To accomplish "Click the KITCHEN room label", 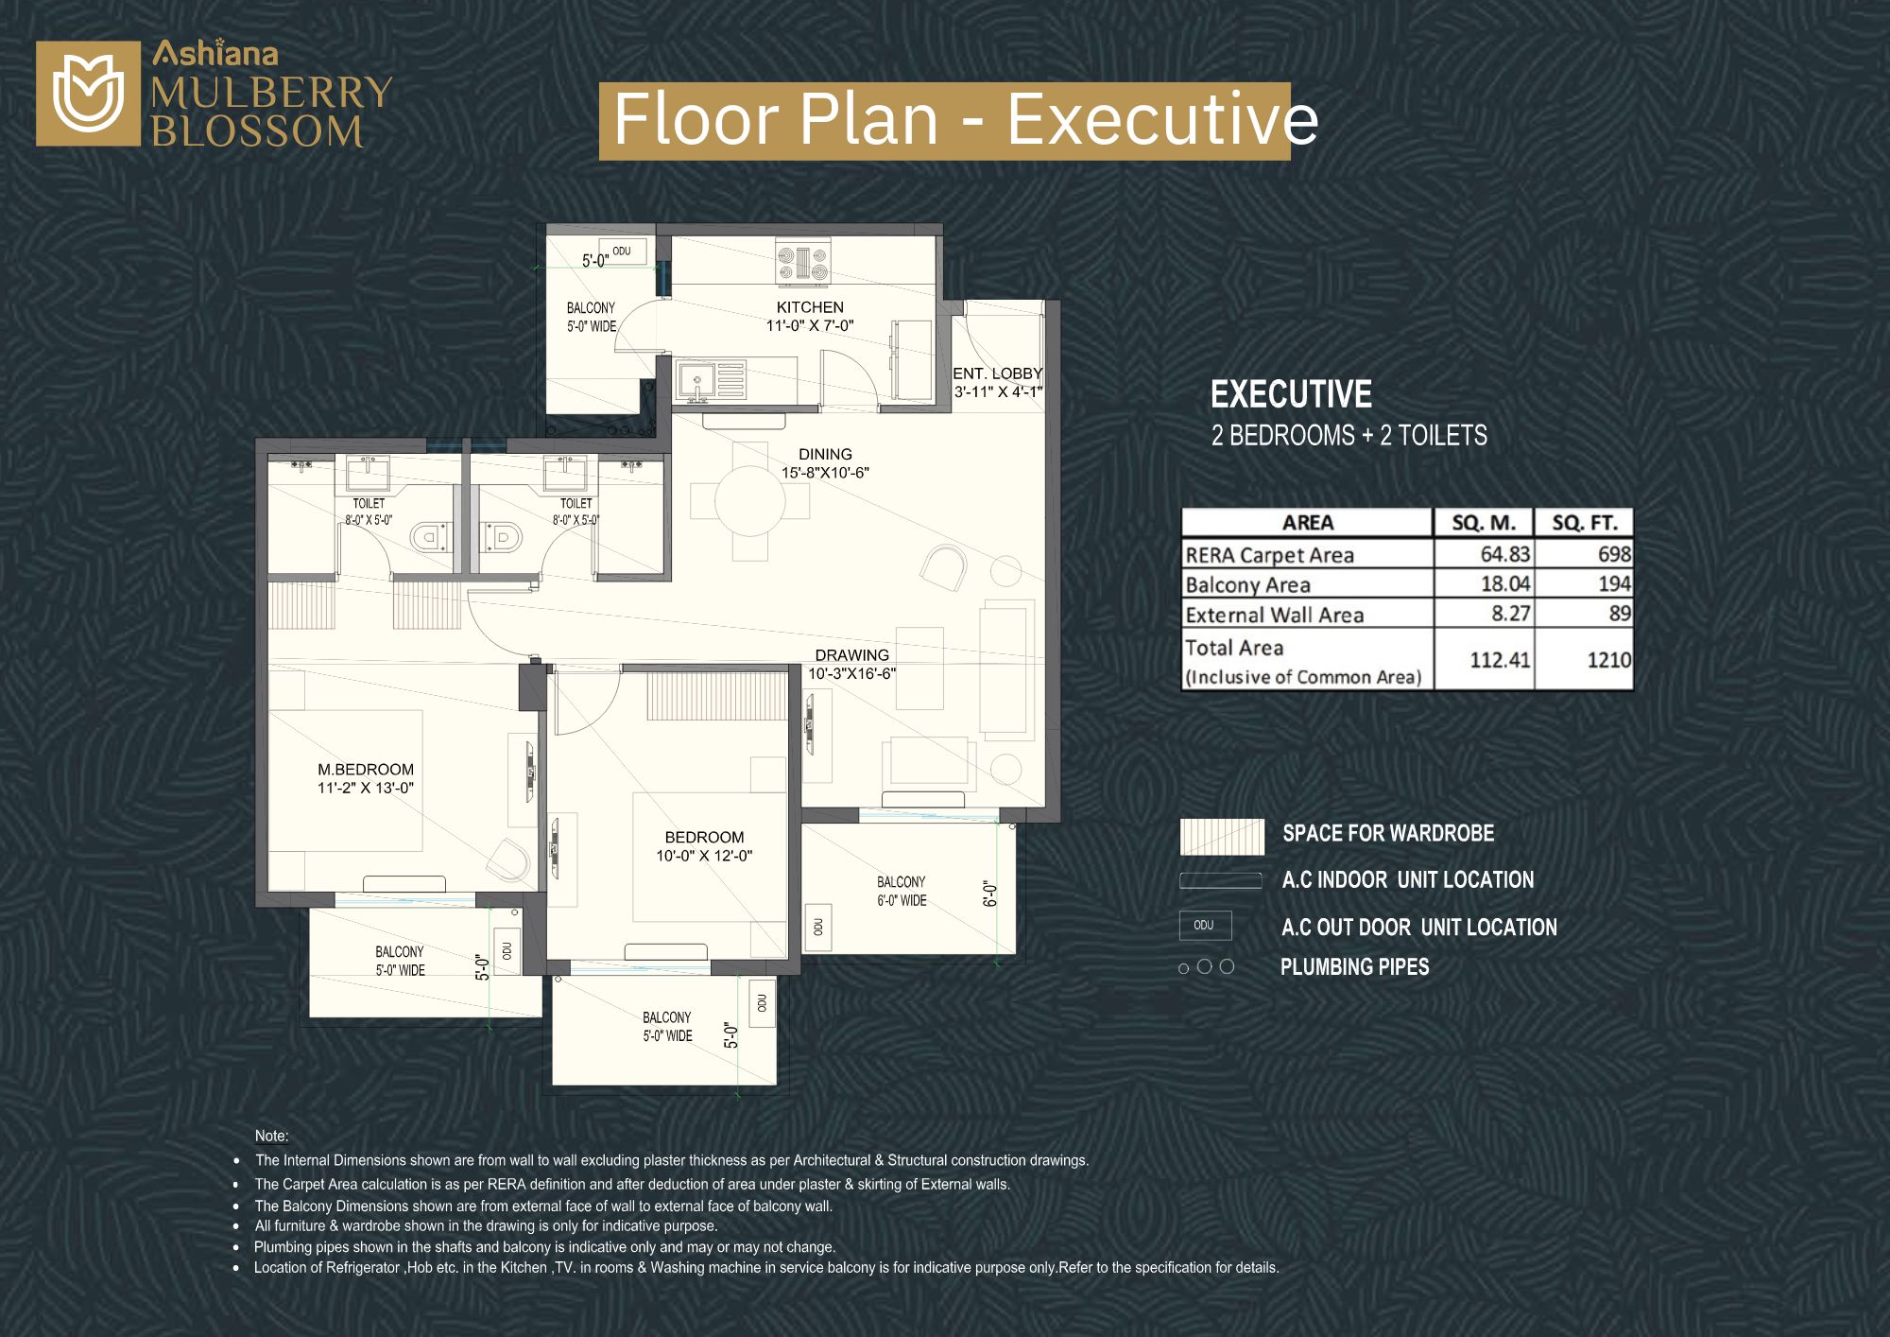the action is pyautogui.click(x=810, y=307).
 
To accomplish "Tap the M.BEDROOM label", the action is pyautogui.click(x=366, y=770).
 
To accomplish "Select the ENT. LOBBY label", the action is pyautogui.click(x=998, y=373).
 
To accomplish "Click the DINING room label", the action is pyautogui.click(x=825, y=455).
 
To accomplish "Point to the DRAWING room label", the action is pyautogui.click(x=852, y=655).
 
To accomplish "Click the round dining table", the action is pyautogui.click(x=750, y=501).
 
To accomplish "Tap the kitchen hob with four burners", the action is pyautogui.click(x=803, y=262).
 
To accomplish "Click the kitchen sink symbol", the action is pyautogui.click(x=696, y=381).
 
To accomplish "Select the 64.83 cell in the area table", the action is pyautogui.click(x=1504, y=554).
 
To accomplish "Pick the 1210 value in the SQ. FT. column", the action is pyautogui.click(x=1608, y=660).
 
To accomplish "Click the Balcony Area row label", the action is pyautogui.click(x=1247, y=585).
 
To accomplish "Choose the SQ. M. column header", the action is pyautogui.click(x=1484, y=523).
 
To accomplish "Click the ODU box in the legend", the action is pyautogui.click(x=1205, y=925).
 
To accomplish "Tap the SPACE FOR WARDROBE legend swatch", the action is pyautogui.click(x=1222, y=837).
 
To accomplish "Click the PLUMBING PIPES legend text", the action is pyautogui.click(x=1354, y=966).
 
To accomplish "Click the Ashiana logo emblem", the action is pyautogui.click(x=88, y=94).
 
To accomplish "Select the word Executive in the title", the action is pyautogui.click(x=1162, y=120).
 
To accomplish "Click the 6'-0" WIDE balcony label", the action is pyautogui.click(x=902, y=901).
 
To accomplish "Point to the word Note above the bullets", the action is pyautogui.click(x=270, y=1137).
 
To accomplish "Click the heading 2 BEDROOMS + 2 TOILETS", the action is pyautogui.click(x=1349, y=435).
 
